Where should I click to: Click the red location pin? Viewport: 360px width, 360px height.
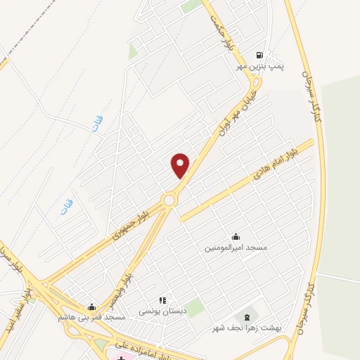tap(181, 165)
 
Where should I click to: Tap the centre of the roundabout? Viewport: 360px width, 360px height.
tap(169, 200)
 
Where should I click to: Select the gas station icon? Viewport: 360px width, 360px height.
tap(260, 55)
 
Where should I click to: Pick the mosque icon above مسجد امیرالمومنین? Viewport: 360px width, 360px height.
tap(236, 237)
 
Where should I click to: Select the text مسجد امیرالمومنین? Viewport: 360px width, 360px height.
tap(236, 247)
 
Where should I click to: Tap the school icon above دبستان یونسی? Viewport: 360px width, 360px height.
tap(163, 300)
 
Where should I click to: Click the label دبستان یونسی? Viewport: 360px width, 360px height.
tap(163, 311)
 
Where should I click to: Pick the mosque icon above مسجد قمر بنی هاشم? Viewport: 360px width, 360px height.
tap(91, 307)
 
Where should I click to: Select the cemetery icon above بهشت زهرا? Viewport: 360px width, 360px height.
tap(246, 317)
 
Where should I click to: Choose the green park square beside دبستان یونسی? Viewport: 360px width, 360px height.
tap(195, 307)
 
